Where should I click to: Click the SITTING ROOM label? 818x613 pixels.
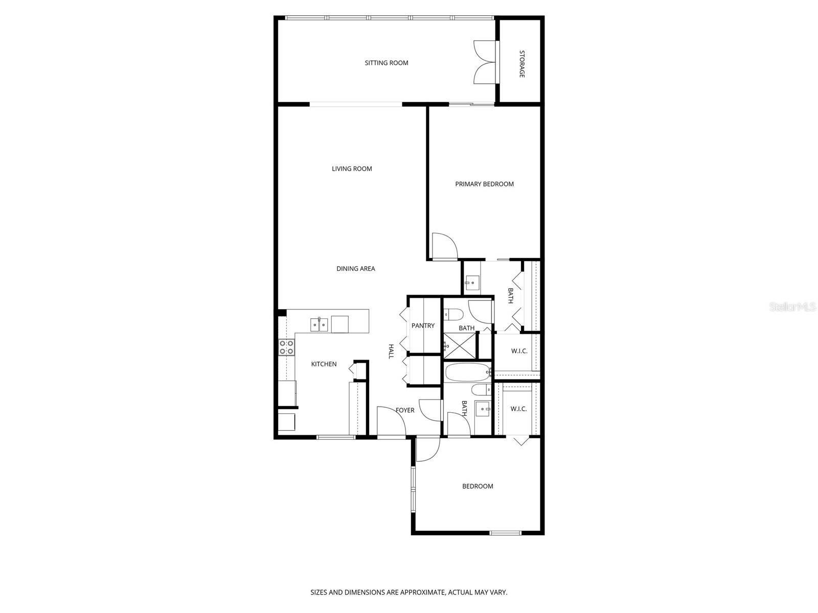(387, 63)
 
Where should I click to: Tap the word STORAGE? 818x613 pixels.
(522, 64)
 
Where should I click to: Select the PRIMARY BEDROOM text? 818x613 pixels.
(484, 184)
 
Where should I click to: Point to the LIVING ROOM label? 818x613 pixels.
(352, 169)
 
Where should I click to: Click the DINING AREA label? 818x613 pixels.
(355, 269)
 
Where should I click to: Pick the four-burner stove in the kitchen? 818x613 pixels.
(286, 347)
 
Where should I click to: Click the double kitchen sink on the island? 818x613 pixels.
(319, 324)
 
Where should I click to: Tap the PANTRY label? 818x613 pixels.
(423, 325)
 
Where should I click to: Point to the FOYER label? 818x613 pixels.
(405, 410)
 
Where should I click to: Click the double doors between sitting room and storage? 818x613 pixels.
(485, 62)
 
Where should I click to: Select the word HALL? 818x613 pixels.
(391, 351)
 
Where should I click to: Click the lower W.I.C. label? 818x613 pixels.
(518, 409)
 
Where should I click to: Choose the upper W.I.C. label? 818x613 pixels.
(519, 351)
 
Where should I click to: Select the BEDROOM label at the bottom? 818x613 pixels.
(478, 486)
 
